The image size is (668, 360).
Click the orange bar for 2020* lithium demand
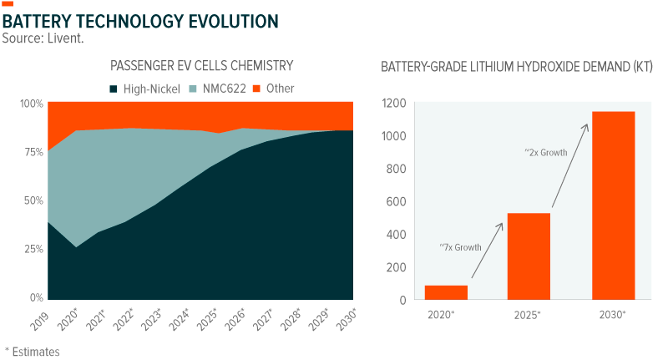[x=445, y=292]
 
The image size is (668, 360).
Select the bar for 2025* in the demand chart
[x=529, y=256]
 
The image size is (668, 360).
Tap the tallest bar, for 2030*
[x=613, y=205]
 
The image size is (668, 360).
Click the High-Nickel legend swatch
[x=113, y=88]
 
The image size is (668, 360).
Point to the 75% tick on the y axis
[x=33, y=152]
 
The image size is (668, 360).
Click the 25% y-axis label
[x=33, y=250]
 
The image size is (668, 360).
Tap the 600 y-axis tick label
[x=397, y=201]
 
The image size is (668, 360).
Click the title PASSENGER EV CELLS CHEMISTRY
[x=201, y=65]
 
